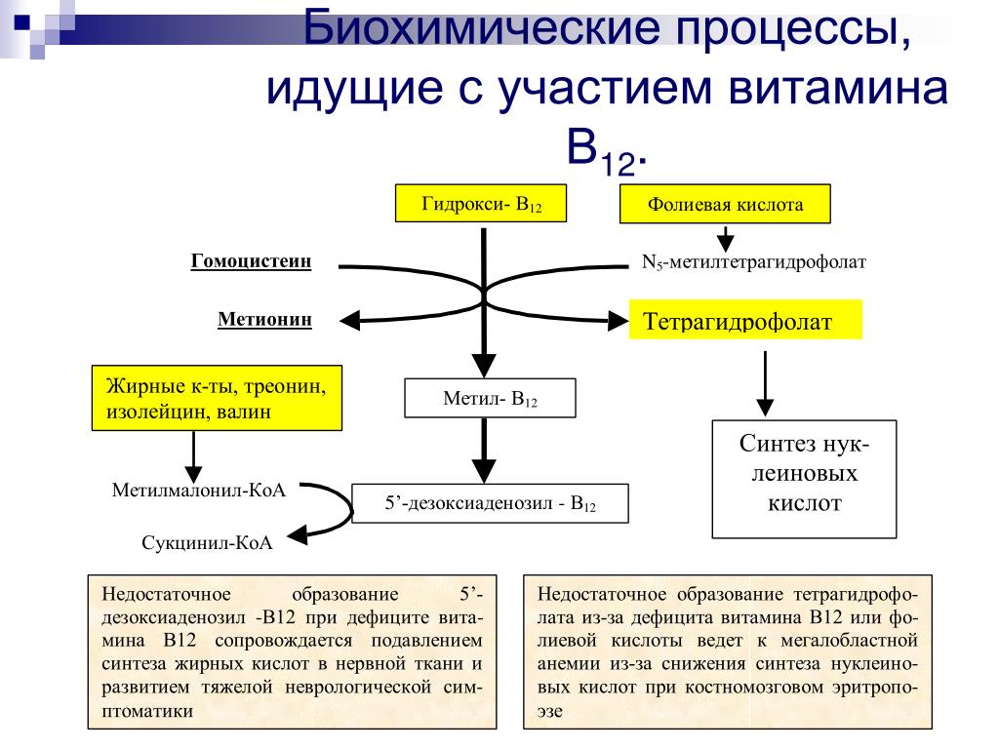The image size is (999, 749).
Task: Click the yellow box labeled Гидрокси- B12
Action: (481, 203)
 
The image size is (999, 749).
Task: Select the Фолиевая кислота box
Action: (725, 204)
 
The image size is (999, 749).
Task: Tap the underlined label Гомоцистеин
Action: (251, 261)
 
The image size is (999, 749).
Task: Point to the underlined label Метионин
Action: (264, 319)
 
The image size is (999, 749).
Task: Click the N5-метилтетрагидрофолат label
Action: (754, 262)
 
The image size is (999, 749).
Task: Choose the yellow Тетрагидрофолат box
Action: (745, 320)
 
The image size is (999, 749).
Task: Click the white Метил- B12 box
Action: (490, 399)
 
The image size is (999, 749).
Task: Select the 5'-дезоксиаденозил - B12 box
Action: (490, 504)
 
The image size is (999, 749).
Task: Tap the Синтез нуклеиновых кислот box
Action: (804, 479)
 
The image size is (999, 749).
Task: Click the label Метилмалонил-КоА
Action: (199, 490)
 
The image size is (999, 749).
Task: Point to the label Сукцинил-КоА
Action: (207, 542)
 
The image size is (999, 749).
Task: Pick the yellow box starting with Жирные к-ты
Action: (217, 398)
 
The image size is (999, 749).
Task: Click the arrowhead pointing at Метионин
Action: (349, 320)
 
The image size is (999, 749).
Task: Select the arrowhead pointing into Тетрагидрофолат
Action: (618, 320)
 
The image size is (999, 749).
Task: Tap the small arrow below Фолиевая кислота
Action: (726, 238)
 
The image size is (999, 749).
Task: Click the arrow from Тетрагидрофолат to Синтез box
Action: (765, 383)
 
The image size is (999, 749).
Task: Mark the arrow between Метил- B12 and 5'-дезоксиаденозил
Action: (484, 451)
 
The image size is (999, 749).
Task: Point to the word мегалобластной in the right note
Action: (850, 640)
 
